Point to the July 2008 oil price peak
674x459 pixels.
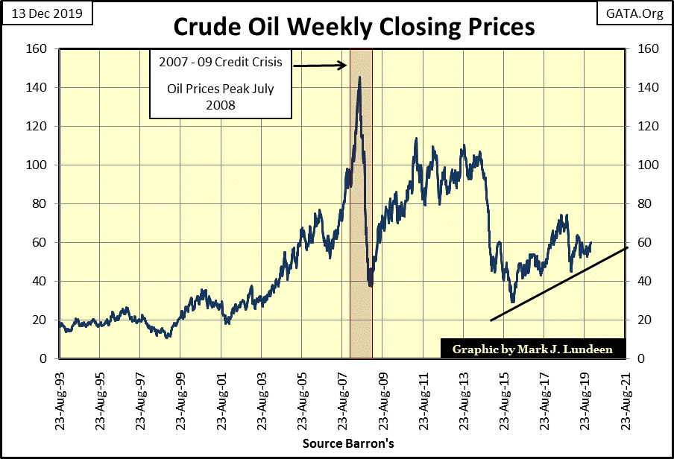pyautogui.click(x=359, y=77)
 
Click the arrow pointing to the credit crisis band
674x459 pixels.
pyautogui.click(x=321, y=66)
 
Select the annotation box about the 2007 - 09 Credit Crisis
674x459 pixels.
pyautogui.click(x=220, y=83)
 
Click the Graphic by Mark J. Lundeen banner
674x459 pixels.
pyautogui.click(x=533, y=348)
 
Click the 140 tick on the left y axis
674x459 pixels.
pyautogui.click(x=40, y=87)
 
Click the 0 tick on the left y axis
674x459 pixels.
pyautogui.click(x=46, y=358)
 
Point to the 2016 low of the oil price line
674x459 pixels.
pyautogui.click(x=512, y=302)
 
